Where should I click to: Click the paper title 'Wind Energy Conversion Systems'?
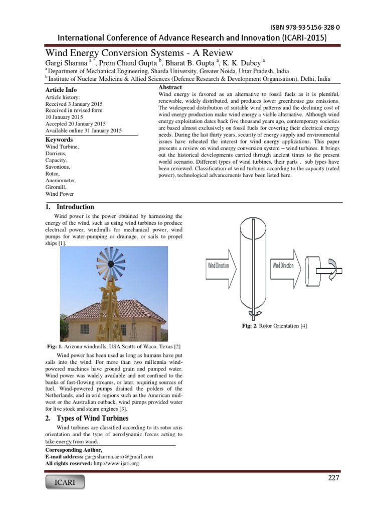[x=139, y=52]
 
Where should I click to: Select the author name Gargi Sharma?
[x=66, y=63]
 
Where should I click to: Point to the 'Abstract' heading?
[x=170, y=87]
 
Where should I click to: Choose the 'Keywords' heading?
[x=59, y=140]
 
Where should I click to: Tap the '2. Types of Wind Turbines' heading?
[x=87, y=418]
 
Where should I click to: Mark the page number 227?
[x=333, y=478]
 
